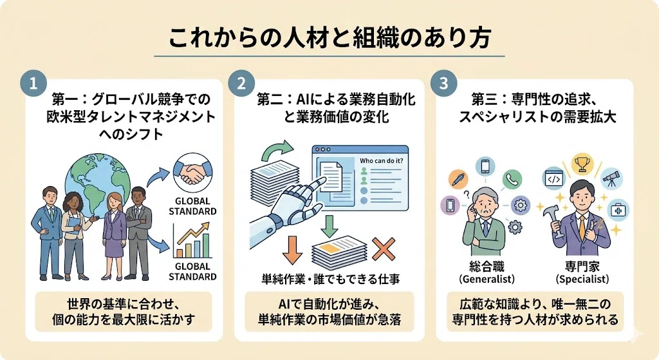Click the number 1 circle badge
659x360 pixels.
[33, 83]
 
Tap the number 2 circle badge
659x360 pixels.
[241, 83]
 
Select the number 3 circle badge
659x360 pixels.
[444, 83]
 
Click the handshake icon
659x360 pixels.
[193, 173]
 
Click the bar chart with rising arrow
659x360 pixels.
[192, 240]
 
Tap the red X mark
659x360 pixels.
[384, 249]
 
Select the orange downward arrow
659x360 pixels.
[293, 250]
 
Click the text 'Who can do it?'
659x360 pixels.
[381, 160]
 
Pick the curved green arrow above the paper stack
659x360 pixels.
[277, 150]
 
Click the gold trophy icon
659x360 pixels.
[582, 164]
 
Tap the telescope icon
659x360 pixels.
[611, 179]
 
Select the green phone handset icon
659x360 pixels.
[512, 180]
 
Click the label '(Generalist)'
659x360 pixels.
[487, 279]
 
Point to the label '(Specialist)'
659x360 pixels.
[582, 279]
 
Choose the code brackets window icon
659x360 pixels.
[553, 179]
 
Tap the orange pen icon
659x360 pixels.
[459, 179]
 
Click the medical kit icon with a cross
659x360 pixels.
[618, 209]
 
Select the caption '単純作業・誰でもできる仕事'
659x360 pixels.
[331, 279]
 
